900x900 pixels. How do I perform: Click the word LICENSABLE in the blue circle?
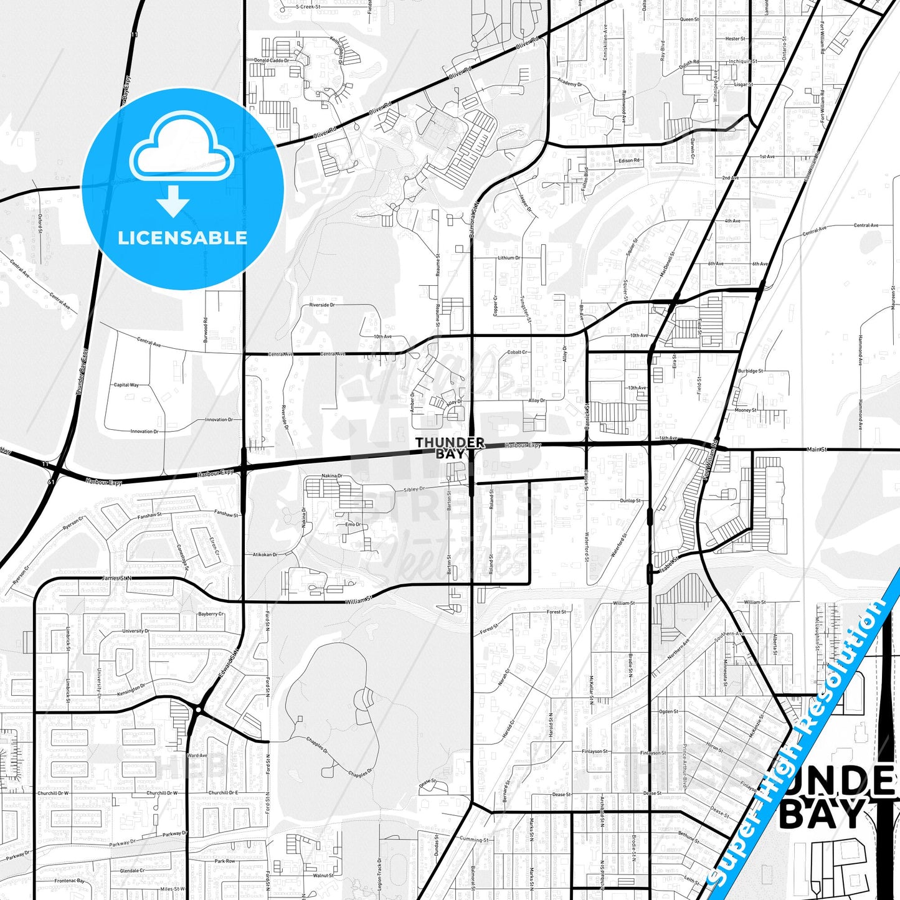(182, 238)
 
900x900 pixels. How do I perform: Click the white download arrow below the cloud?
(174, 200)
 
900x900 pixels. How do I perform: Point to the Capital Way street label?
(126, 385)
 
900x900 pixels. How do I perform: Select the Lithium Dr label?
(509, 258)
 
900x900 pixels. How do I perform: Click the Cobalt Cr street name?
(517, 353)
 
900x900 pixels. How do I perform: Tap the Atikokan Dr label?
(265, 554)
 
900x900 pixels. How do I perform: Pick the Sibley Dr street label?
(414, 490)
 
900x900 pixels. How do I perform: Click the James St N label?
(117, 579)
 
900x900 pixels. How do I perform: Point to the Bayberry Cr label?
(211, 614)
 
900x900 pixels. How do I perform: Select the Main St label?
(817, 449)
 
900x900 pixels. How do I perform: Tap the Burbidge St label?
(750, 371)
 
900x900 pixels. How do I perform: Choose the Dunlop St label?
(630, 501)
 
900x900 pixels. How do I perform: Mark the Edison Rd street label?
(629, 161)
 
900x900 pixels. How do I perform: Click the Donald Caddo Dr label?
(272, 60)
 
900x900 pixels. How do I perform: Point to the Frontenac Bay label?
(69, 881)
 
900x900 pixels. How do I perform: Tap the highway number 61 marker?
(51, 481)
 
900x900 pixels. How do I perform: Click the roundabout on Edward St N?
(197, 709)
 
